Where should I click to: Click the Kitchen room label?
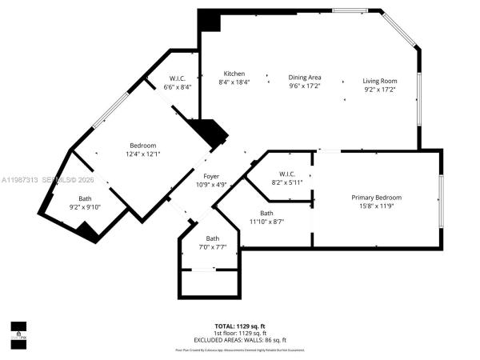234,74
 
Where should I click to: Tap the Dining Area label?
304,78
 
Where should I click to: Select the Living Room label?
379,81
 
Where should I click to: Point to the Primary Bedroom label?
377,197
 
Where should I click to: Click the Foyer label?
211,176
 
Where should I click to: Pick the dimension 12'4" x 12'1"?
142,154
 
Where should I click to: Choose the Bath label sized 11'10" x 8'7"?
266,213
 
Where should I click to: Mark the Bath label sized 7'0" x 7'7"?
212,238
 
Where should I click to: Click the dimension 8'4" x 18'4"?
234,82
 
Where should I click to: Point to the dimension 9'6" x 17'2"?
304,86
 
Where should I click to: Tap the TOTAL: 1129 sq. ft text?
239,326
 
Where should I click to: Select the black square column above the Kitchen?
210,21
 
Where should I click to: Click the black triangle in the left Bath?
87,231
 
